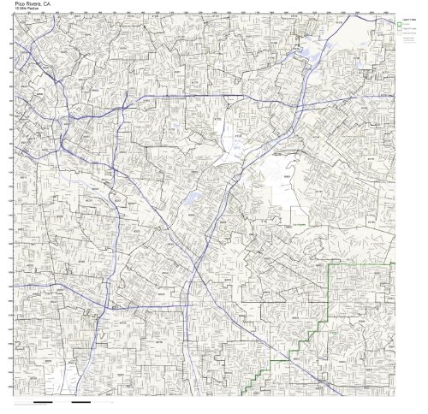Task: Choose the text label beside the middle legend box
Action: [410, 31]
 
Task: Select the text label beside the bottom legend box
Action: [410, 38]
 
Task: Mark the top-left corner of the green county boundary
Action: [330, 265]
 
